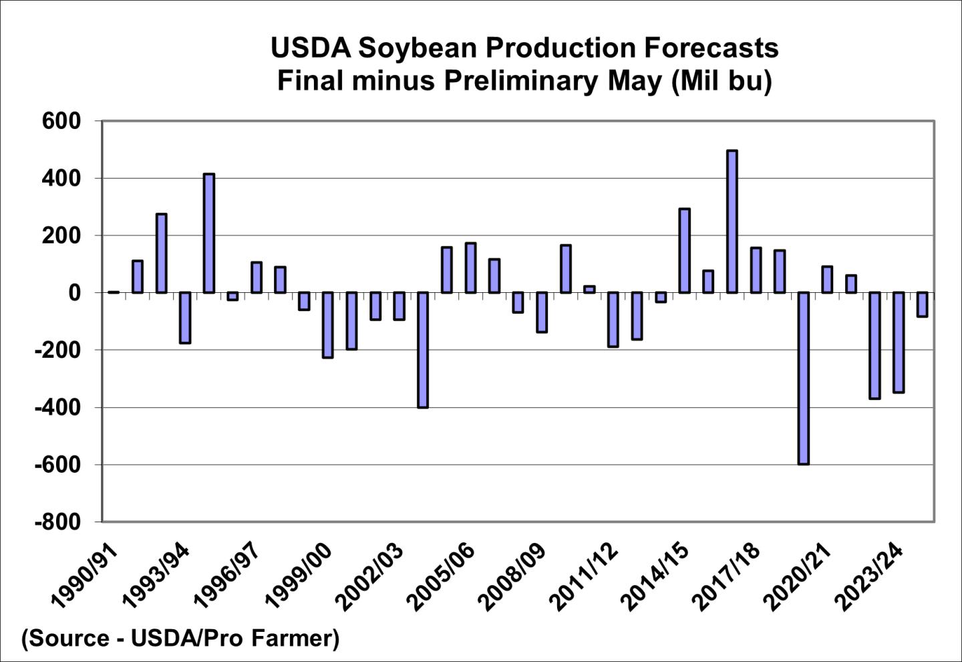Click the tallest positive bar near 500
coord(732,221)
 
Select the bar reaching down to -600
coord(803,378)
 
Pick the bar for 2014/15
coord(684,251)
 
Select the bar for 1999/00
coord(327,325)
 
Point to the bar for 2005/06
coord(470,267)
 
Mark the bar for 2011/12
coord(613,320)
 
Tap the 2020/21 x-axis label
coord(799,576)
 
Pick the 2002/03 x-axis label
coord(370,576)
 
